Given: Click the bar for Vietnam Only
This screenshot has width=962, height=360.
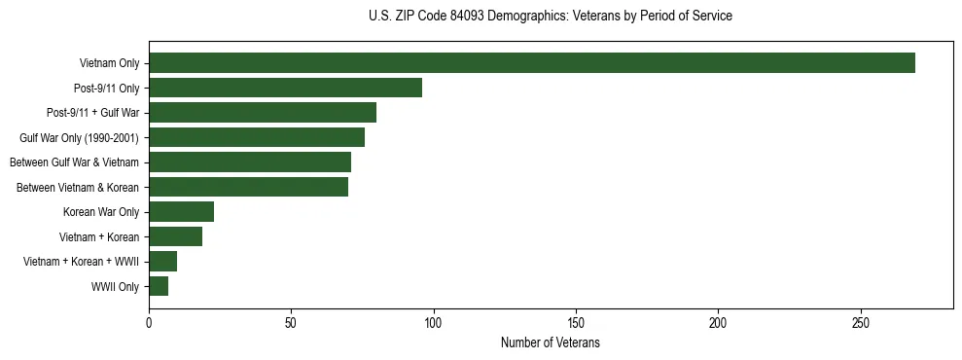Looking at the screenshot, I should point(531,63).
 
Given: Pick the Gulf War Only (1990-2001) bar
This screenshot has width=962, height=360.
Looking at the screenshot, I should point(257,137).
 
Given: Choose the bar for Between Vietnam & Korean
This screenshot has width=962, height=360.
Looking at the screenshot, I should point(248,187).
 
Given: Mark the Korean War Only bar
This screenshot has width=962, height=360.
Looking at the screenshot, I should point(181,212).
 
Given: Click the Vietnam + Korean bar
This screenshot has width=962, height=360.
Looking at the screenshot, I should point(175,236).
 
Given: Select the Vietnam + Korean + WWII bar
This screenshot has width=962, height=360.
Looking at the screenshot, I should point(162,262).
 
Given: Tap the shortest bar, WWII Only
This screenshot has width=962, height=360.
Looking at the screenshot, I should point(159,286).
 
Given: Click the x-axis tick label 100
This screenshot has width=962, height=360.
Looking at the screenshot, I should point(434,323).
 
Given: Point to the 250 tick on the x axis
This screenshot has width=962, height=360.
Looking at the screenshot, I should point(861,323).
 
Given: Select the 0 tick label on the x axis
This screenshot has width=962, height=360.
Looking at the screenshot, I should point(149,323).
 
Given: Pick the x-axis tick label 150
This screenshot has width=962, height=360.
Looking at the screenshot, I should point(576,323).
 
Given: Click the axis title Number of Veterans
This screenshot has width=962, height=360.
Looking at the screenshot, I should point(550,343).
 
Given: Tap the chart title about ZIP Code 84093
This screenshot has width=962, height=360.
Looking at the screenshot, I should point(551,17).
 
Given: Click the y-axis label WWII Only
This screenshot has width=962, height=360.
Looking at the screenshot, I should point(115,287).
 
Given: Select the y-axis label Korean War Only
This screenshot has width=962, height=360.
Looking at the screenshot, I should point(101,212).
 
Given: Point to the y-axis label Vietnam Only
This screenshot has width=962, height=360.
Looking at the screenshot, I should point(109,64).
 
